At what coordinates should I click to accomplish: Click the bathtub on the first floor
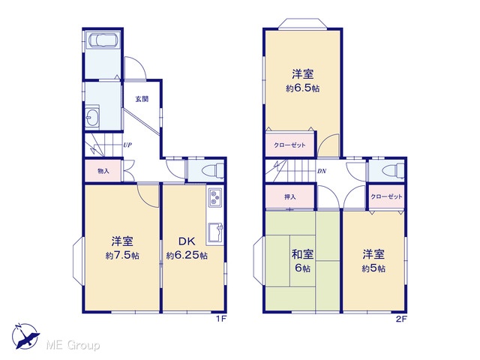(x=102, y=40)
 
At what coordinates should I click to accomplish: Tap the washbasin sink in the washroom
(x=91, y=116)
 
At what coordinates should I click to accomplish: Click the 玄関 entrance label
(x=142, y=99)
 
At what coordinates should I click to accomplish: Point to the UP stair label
(x=127, y=145)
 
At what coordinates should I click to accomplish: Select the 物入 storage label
(x=103, y=171)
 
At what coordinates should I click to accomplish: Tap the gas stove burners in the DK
(x=215, y=196)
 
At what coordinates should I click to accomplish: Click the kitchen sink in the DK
(x=215, y=233)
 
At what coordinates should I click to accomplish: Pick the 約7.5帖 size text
(x=122, y=256)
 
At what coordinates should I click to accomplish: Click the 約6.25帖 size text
(x=187, y=255)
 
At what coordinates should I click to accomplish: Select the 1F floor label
(x=221, y=319)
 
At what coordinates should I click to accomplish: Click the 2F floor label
(x=401, y=319)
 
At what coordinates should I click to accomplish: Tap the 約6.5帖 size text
(x=303, y=88)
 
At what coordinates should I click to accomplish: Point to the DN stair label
(x=322, y=172)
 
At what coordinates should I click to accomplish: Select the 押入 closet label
(x=290, y=196)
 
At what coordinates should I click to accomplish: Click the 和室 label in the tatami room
(x=302, y=254)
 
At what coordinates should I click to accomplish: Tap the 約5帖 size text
(x=373, y=268)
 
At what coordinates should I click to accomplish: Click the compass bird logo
(x=25, y=336)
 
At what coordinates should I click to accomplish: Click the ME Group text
(x=73, y=345)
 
